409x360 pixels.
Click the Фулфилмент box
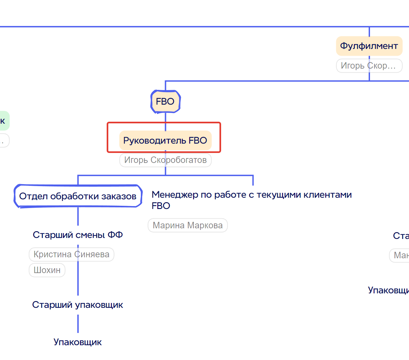[369, 46]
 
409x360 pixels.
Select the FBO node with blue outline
[165, 102]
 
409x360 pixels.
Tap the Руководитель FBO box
[165, 140]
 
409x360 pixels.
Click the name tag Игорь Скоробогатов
[165, 160]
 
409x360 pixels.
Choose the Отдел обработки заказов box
[78, 196]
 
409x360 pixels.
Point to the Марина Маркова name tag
[188, 225]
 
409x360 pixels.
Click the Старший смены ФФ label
[78, 235]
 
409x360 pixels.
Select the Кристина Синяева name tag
[71, 254]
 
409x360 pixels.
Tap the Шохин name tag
[47, 270]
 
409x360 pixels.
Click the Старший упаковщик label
[78, 305]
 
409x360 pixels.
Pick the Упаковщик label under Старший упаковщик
[78, 342]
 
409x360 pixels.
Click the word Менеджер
[175, 195]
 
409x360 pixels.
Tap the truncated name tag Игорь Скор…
[369, 66]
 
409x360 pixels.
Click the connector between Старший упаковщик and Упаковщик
[78, 323]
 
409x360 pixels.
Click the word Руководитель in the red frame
[154, 140]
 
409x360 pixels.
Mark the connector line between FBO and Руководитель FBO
[165, 118]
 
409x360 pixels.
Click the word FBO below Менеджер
[161, 206]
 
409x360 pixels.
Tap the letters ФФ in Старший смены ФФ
[115, 235]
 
